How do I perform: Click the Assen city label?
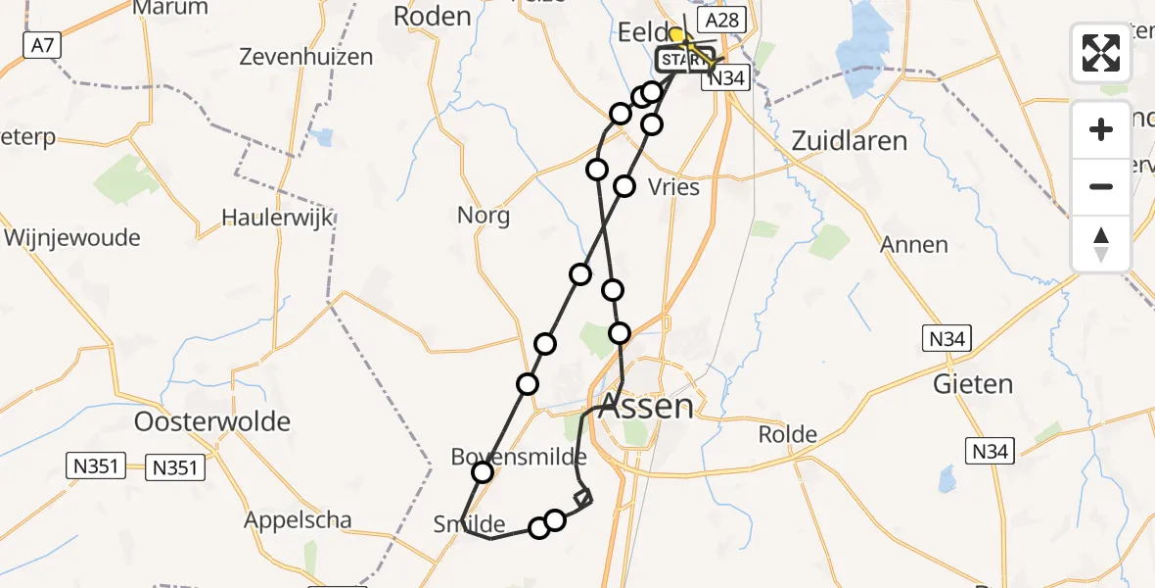click(646, 405)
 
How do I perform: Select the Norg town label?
click(485, 215)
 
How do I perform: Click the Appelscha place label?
click(298, 520)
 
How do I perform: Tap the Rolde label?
click(790, 433)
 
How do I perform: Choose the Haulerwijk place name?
click(264, 218)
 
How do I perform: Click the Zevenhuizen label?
click(306, 57)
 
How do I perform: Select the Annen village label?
click(914, 244)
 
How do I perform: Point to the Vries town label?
click(674, 187)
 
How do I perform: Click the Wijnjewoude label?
click(72, 238)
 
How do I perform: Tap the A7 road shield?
click(39, 44)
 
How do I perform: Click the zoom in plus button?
click(1101, 129)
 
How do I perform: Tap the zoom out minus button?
click(1101, 186)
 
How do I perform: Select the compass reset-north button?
click(1101, 243)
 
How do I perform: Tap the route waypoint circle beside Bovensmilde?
click(483, 473)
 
